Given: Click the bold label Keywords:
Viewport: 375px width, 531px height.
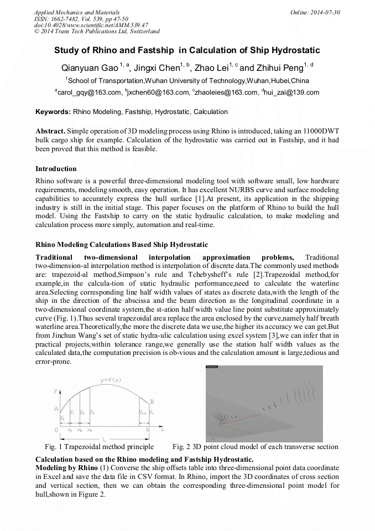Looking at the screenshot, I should pos(53,112).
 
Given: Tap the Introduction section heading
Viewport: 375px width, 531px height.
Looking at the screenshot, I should pos(56,168).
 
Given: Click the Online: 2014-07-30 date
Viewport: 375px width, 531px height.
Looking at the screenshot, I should pos(315,12).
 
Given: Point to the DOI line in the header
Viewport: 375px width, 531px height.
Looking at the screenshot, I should pos(91,25).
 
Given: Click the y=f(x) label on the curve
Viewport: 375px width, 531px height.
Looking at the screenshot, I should pos(111,380).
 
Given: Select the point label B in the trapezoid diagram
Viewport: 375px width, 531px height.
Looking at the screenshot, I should pos(152,402).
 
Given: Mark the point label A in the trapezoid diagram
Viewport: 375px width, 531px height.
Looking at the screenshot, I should pos(56,409).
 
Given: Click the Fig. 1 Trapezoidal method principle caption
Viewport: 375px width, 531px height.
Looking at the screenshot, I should pos(99,447).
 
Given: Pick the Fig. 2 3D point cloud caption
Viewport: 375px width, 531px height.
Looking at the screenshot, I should pos(255,447).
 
